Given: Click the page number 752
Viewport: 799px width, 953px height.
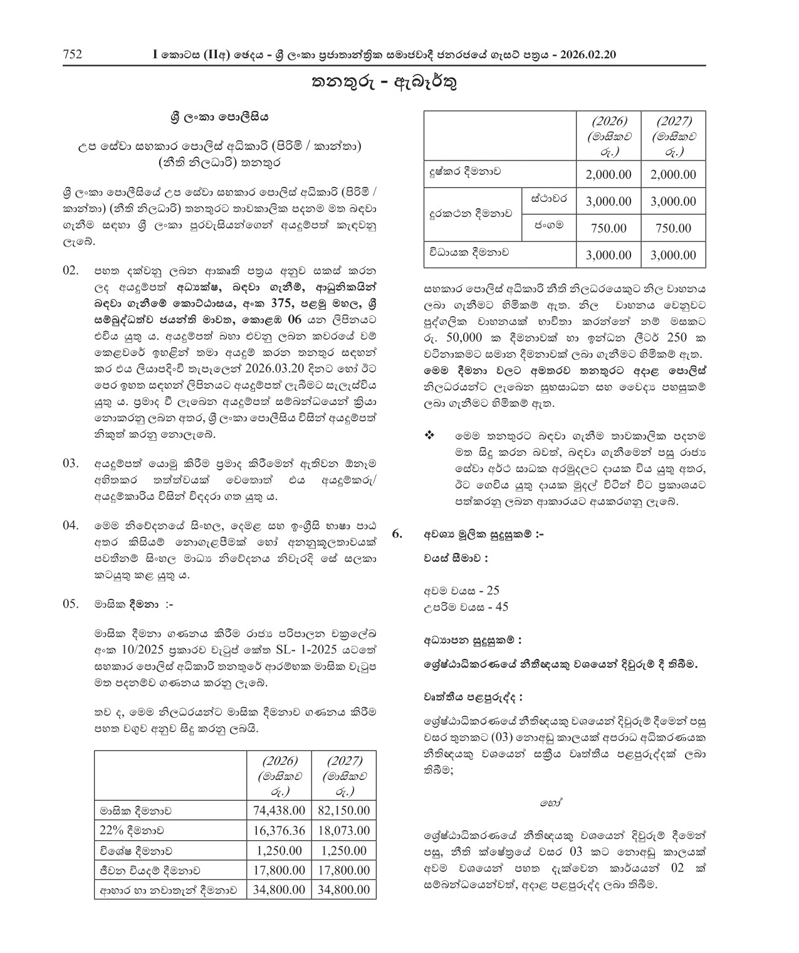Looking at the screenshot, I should click(73, 55).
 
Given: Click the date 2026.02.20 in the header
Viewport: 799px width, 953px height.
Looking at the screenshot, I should click(588, 55).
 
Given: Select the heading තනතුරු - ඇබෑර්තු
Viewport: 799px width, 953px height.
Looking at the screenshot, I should click(385, 83).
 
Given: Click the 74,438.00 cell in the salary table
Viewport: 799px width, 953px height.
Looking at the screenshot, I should click(279, 810).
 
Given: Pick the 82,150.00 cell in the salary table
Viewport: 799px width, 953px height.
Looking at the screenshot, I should click(344, 810).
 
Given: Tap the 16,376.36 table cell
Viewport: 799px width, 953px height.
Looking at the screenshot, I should click(279, 830).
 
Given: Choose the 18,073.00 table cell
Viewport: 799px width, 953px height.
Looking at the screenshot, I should click(344, 830).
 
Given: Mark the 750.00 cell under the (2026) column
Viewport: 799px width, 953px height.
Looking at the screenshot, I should click(608, 228).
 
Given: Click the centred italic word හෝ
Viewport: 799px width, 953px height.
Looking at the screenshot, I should click(548, 802).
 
